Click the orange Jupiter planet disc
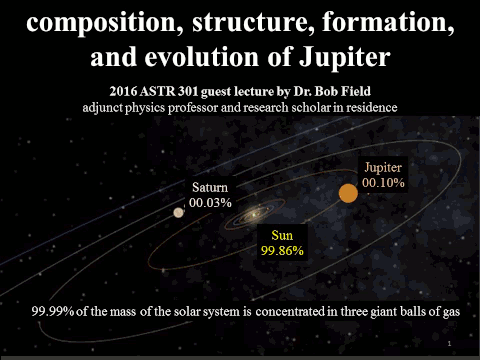347,193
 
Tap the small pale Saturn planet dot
178,212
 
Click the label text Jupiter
384,167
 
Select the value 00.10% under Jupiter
384,183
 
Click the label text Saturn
210,187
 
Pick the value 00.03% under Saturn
210,202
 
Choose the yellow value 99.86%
282,251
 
